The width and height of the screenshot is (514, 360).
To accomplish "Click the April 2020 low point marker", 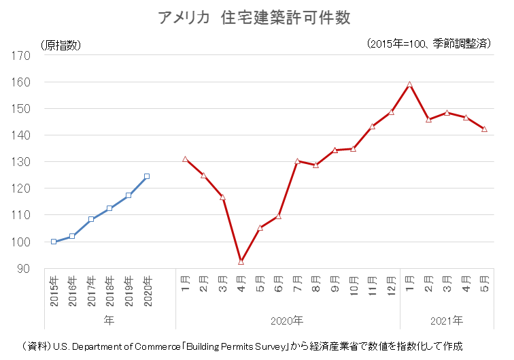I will (241, 261).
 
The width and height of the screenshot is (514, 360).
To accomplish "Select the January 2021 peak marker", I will (409, 84).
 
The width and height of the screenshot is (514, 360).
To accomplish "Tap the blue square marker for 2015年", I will (54, 242).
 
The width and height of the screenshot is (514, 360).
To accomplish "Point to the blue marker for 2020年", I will (147, 176).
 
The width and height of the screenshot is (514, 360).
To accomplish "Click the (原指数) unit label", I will (61, 46).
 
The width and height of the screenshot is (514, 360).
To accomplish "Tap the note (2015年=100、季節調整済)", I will (428, 44).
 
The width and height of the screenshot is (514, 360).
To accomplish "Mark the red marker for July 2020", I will (297, 161).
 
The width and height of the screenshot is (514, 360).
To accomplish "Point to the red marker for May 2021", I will (484, 129).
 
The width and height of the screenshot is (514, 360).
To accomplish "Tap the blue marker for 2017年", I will (91, 219).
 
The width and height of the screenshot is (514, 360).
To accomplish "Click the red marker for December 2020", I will (391, 112).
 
